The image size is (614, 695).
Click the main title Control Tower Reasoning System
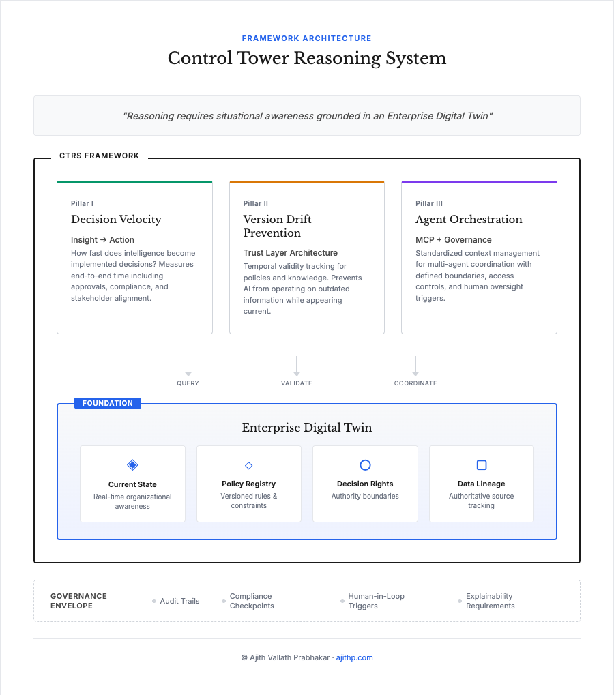tap(307, 58)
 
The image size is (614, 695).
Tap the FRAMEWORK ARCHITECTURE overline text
tap(307, 38)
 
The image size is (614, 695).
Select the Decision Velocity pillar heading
tap(116, 219)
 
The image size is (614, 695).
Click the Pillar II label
tap(256, 203)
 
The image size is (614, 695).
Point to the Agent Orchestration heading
tap(469, 219)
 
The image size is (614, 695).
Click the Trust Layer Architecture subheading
tap(291, 253)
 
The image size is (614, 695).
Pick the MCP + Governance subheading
tap(454, 240)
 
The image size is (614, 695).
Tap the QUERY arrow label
tap(188, 383)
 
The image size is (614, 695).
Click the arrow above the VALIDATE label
tap(297, 366)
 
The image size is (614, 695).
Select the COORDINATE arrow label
tap(415, 383)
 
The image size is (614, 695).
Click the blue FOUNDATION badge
tap(108, 403)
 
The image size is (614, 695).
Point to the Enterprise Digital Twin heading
tap(307, 428)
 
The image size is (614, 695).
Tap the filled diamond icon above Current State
tap(132, 465)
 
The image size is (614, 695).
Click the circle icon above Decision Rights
tap(365, 465)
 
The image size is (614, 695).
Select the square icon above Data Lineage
tap(482, 465)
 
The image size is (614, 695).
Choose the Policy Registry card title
tap(249, 484)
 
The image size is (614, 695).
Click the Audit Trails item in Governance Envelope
tap(179, 601)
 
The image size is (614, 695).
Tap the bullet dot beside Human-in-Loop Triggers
tap(342, 601)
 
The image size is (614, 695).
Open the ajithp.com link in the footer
tap(355, 658)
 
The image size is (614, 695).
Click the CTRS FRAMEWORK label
tap(100, 156)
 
